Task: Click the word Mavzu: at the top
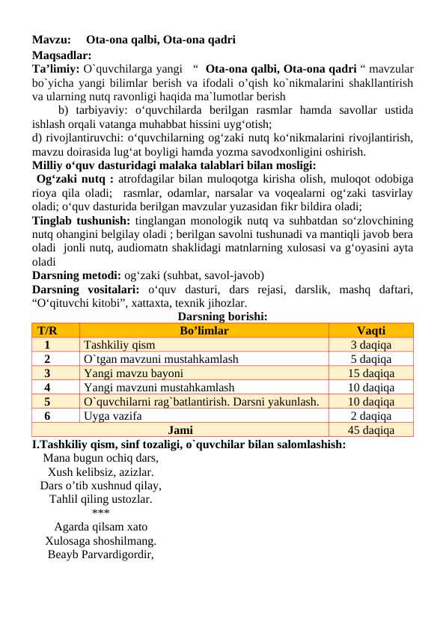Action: [52, 39]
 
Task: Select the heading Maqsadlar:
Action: [61, 54]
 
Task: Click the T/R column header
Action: [46, 330]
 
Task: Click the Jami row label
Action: [180, 429]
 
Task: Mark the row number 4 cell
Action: [46, 387]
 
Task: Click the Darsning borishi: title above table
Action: [223, 316]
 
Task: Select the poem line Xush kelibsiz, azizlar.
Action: [101, 472]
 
